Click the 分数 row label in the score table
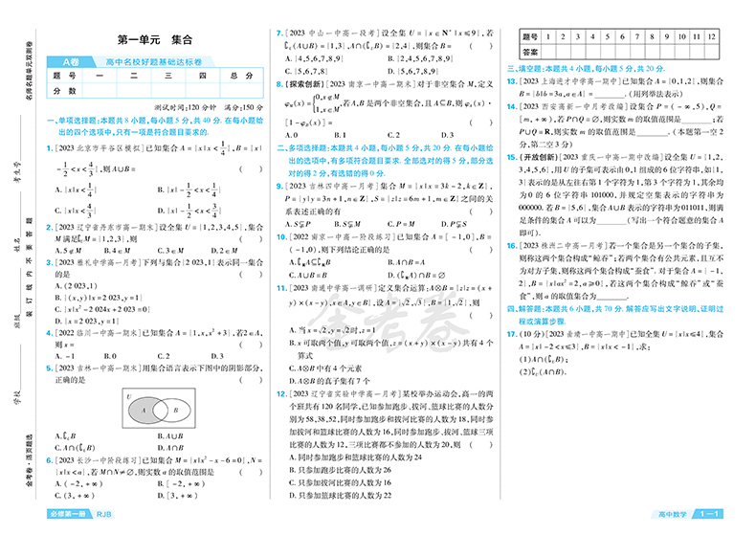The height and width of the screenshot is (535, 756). [x=65, y=90]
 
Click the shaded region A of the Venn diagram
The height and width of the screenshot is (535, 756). [x=142, y=410]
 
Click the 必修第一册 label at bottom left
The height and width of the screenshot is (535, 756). [x=66, y=515]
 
